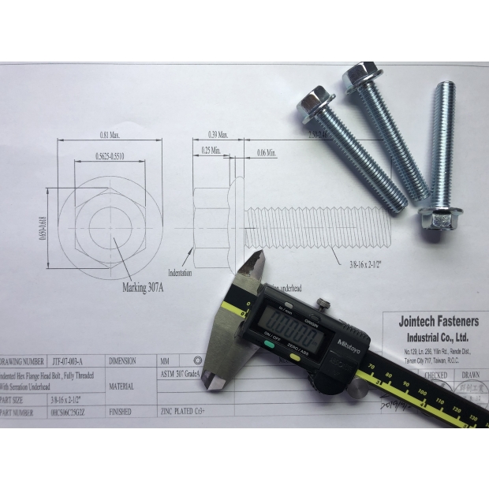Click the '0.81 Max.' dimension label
tap(110, 136)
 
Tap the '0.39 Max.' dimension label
tap(216, 136)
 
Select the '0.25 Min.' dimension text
tap(211, 150)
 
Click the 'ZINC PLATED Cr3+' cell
tap(187, 411)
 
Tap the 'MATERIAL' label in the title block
tap(122, 386)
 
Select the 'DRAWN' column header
tap(469, 375)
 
